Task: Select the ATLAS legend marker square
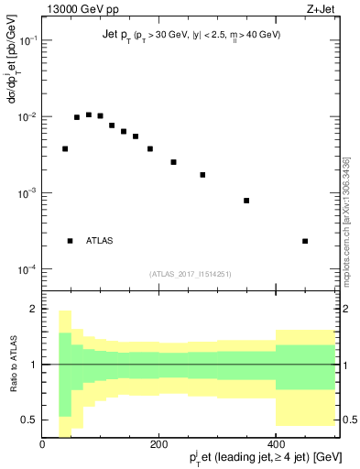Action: point(70,241)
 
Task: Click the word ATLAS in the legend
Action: point(100,241)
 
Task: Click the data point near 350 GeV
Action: point(246,201)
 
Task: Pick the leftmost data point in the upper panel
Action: point(65,148)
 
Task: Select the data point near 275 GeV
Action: point(202,174)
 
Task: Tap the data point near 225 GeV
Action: point(173,162)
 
